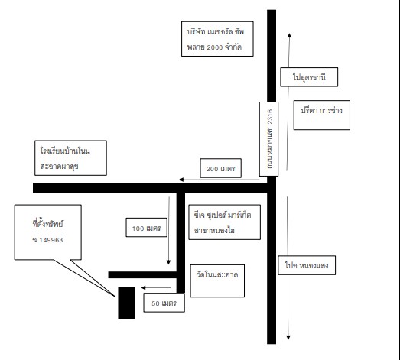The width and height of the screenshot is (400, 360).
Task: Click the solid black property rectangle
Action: [x=126, y=303]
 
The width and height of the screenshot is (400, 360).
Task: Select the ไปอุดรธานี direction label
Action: [x=309, y=77]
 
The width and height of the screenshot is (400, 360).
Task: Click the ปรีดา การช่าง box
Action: [x=322, y=115]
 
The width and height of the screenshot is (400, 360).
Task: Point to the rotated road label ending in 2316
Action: [x=268, y=139]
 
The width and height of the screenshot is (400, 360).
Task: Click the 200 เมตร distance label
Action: [x=221, y=168]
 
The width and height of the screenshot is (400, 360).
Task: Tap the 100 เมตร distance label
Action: [x=146, y=228]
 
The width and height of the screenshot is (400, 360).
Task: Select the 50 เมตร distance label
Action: [x=164, y=303]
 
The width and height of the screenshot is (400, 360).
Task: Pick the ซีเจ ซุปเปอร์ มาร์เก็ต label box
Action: [x=225, y=222]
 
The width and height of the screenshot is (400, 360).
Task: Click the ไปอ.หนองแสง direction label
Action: [x=307, y=265]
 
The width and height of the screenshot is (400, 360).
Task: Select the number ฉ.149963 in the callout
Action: [x=47, y=240]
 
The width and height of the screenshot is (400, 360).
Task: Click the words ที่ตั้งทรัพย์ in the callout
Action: [x=47, y=224]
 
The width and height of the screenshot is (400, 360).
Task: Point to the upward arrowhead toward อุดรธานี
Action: [x=289, y=35]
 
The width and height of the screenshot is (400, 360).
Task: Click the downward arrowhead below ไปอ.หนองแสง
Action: [x=288, y=337]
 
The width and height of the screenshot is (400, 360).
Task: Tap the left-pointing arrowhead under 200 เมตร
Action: [x=181, y=180]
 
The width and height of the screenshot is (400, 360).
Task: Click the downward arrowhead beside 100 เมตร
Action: [x=168, y=262]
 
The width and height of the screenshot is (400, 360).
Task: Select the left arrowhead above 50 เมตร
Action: [x=143, y=287]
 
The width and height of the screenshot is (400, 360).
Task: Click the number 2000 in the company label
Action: [x=215, y=47]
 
